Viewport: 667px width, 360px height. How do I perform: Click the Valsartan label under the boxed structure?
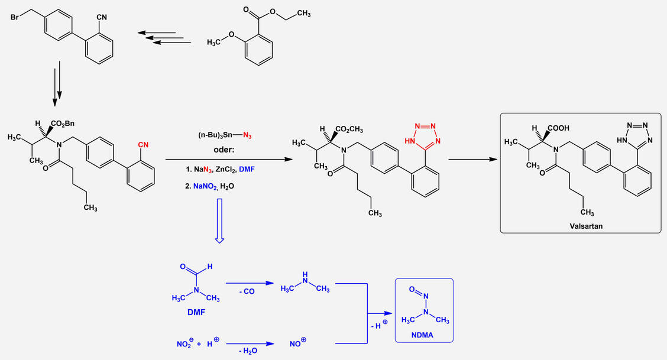click(x=582, y=225)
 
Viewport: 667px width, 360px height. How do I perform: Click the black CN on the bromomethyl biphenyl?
click(x=101, y=18)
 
